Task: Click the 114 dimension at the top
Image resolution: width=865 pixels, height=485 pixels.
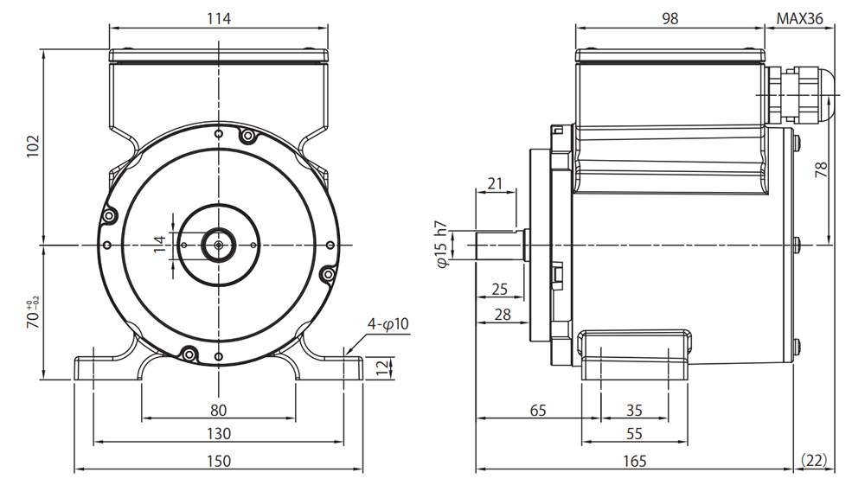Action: tap(219, 19)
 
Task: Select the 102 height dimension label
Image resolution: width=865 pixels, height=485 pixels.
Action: tap(34, 146)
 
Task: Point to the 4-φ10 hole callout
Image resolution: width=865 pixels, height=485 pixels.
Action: tap(388, 324)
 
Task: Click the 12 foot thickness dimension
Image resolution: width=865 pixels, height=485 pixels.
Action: tap(382, 368)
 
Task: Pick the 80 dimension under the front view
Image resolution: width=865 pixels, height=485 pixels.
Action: tap(219, 410)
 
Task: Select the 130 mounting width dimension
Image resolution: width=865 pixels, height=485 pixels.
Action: tap(219, 434)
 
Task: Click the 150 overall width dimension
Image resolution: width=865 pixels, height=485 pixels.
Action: tap(219, 461)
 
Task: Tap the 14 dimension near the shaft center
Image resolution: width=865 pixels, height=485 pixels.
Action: tap(159, 244)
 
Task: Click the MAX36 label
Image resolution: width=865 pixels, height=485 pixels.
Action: tap(799, 19)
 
